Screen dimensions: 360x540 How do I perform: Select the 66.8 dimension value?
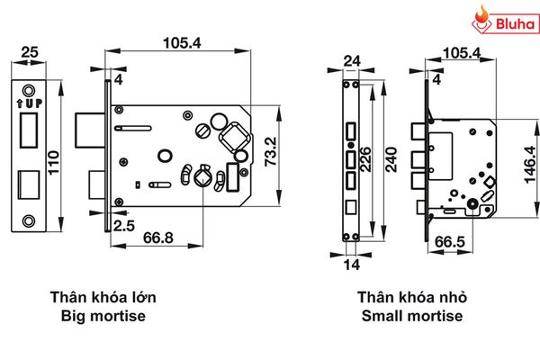(157, 238)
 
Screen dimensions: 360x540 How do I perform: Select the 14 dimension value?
(352, 264)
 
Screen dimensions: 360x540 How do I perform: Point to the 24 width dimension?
(352, 62)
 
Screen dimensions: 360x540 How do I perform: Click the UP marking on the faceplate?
(29, 103)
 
